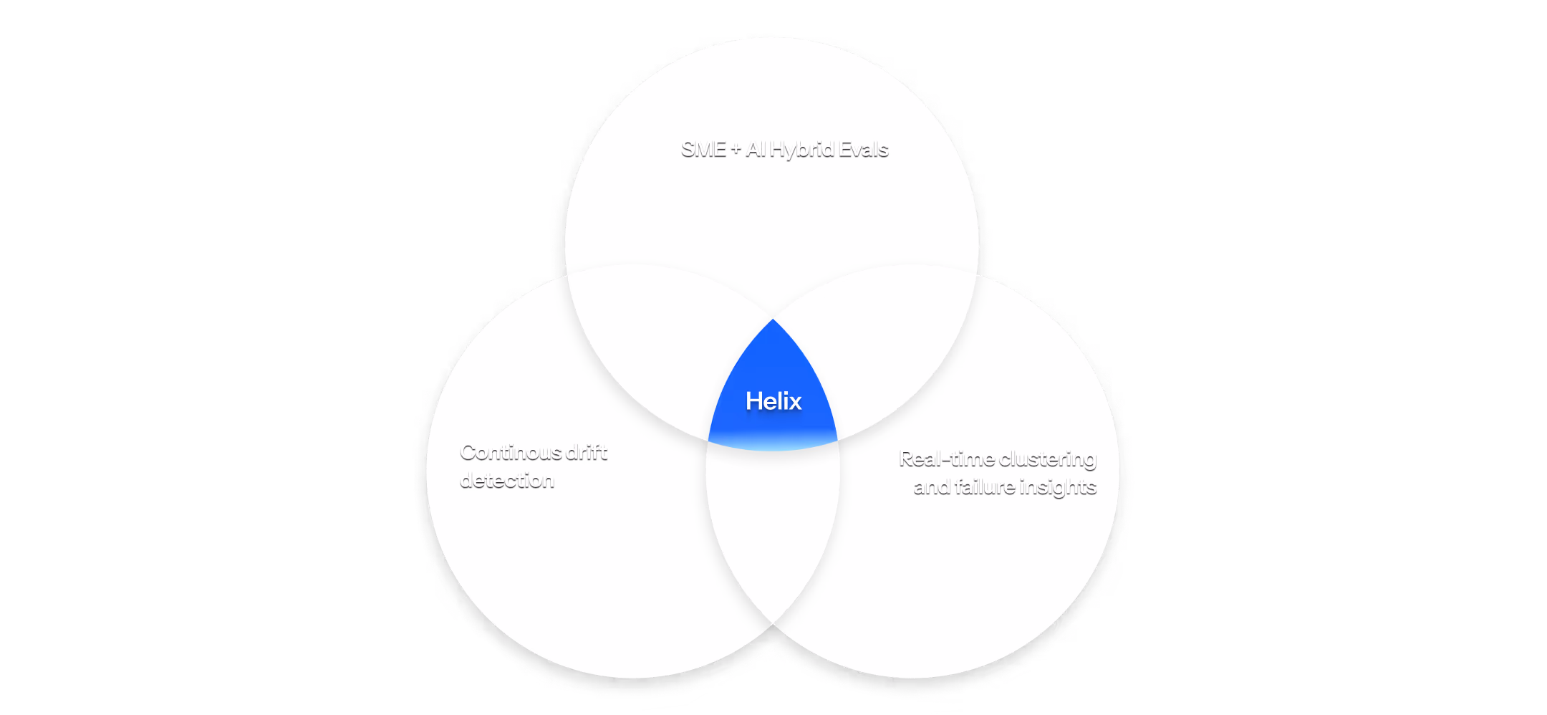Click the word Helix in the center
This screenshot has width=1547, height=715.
[x=773, y=401]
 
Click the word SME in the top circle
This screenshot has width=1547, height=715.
[x=703, y=150]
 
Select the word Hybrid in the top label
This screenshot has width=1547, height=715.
[x=802, y=150]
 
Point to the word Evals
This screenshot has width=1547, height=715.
[x=864, y=150]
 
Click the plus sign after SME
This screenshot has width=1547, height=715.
[x=736, y=150]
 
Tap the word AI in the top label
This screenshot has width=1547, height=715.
[x=756, y=150]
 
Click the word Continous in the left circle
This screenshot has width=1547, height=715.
[x=511, y=453]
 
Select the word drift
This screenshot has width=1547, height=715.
[x=587, y=453]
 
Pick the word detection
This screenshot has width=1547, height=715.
[x=507, y=481]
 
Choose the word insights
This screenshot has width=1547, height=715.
[x=1058, y=488]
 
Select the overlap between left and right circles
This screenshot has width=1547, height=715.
[x=773, y=530]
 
